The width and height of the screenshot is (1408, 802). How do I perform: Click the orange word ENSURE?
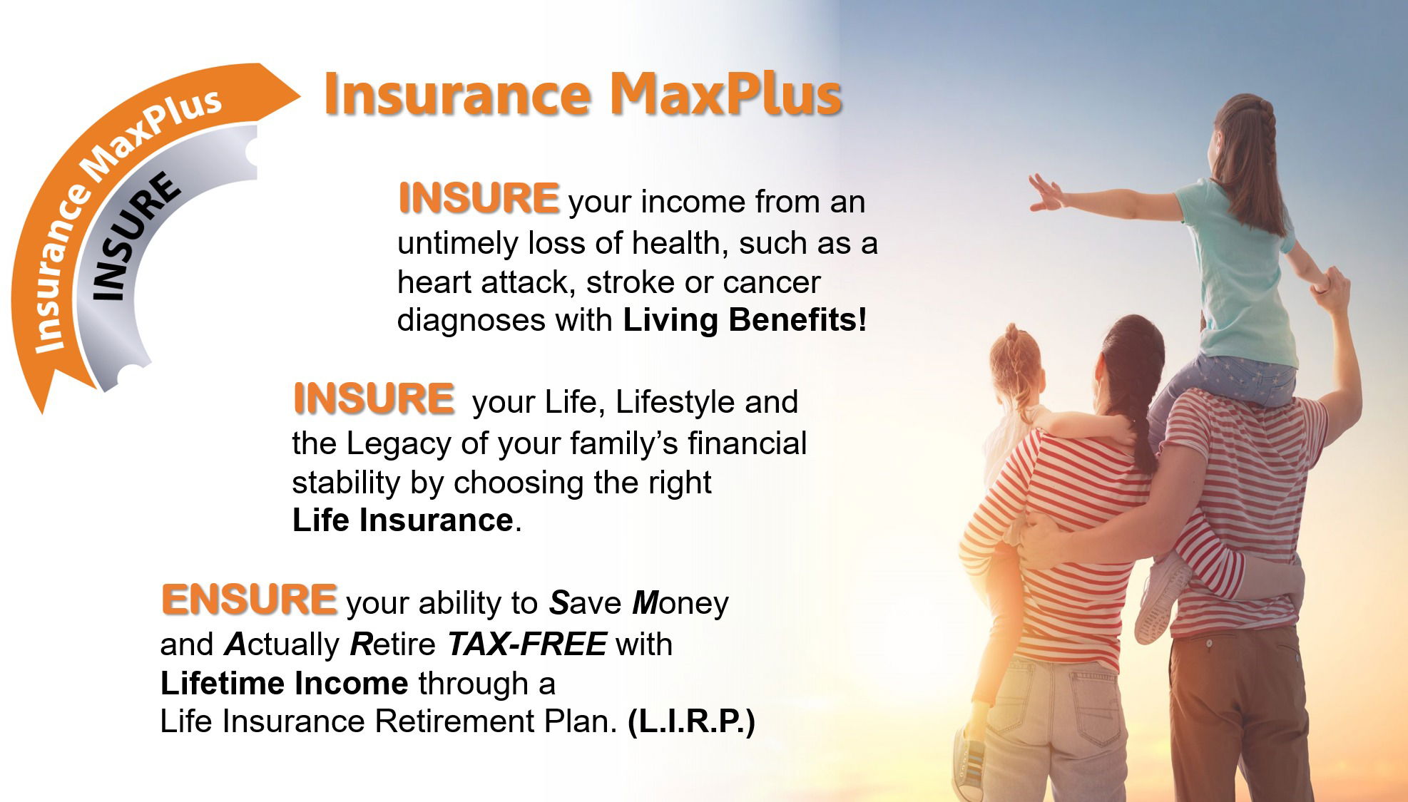[249, 599]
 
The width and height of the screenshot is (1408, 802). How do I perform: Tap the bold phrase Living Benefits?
[745, 319]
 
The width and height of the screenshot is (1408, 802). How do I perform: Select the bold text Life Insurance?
[403, 520]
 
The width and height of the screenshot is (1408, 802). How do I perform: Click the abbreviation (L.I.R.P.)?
[691, 721]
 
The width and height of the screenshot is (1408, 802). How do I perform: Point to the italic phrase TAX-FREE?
[527, 644]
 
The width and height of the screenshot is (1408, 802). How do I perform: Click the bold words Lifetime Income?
[285, 683]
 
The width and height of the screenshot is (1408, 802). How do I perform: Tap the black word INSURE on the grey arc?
[135, 236]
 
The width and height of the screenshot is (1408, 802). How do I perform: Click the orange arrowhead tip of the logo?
[300, 93]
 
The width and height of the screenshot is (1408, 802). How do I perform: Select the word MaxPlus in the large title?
[725, 94]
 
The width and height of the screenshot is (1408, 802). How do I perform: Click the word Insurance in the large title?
[458, 94]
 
